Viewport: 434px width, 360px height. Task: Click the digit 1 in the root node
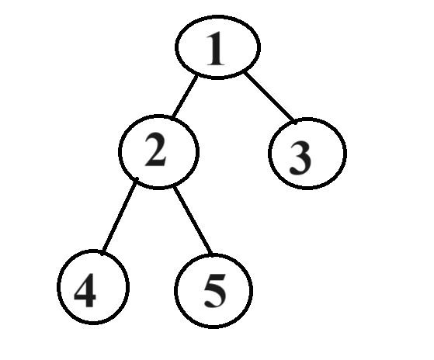click(216, 49)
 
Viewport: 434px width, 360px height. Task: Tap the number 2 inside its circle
click(155, 150)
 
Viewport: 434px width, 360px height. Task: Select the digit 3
click(300, 158)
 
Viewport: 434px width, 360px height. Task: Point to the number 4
click(85, 290)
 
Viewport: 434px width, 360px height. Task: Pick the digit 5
click(215, 291)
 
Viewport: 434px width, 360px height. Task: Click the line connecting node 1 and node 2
click(185, 96)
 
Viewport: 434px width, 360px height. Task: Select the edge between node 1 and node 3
click(269, 97)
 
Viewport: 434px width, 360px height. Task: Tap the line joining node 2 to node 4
click(120, 216)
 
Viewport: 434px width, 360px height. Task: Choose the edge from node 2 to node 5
click(193, 220)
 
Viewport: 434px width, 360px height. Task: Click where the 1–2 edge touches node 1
click(197, 76)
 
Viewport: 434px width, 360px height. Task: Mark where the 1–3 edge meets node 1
click(244, 72)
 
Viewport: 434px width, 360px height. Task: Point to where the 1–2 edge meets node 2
click(172, 118)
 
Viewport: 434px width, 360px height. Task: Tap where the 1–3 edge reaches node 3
click(295, 121)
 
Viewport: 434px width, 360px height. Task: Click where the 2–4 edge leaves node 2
click(137, 179)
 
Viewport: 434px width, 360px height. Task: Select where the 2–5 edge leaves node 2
click(174, 188)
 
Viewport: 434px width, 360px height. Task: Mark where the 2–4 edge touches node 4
click(102, 253)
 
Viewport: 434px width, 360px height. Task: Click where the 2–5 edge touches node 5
click(212, 254)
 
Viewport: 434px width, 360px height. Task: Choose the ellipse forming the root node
click(175, 47)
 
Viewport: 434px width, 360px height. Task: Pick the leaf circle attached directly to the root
click(269, 154)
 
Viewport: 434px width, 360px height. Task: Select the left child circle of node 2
click(57, 286)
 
